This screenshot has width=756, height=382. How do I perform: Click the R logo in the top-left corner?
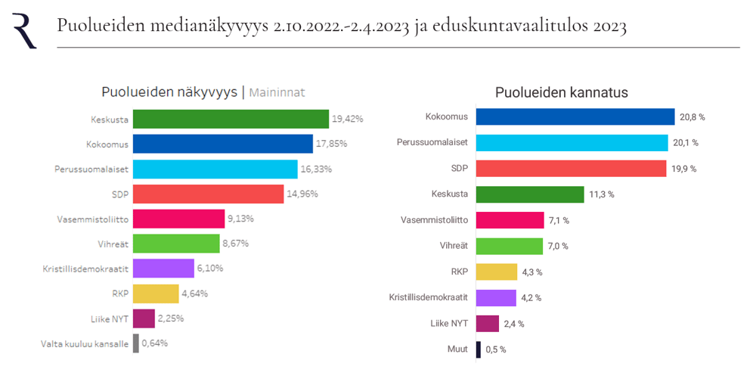pos(24,30)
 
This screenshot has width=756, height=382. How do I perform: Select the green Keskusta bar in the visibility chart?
pos(231,119)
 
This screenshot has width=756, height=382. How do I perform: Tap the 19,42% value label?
pos(348,119)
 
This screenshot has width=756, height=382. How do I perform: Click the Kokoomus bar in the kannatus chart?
pos(575,116)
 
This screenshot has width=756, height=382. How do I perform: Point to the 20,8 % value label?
pos(692,116)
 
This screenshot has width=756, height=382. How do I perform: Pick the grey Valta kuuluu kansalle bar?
pos(136,343)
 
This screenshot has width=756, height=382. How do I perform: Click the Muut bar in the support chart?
pos(478,349)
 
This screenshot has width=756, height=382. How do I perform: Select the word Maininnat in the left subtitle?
pos(277,93)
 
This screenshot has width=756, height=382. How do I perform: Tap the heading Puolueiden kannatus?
pos(562,93)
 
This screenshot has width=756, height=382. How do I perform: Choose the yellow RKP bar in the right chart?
pos(497,272)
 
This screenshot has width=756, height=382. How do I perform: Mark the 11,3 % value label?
pos(601,194)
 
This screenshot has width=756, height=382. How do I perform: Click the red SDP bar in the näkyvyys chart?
pos(208,194)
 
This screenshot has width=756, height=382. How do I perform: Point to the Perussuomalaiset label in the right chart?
pos(433,142)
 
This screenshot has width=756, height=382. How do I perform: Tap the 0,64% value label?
pos(155,343)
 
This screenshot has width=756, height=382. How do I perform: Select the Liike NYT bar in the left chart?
pos(144,318)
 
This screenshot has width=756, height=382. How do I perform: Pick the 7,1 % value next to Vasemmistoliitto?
pos(559,220)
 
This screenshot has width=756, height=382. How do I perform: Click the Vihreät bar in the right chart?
pos(510,246)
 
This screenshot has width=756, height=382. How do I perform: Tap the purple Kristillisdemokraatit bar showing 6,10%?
pos(163,268)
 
